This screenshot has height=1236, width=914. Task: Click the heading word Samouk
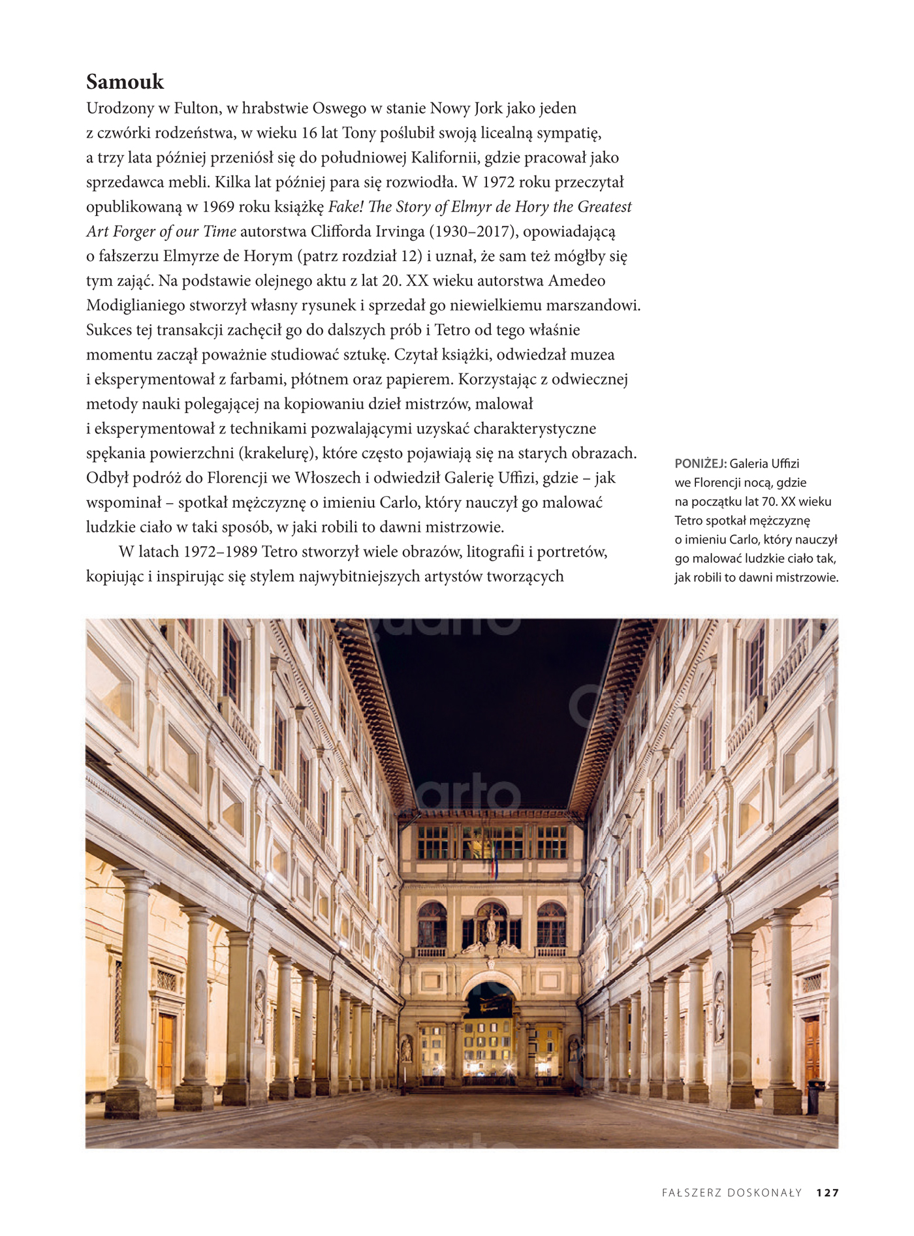(x=125, y=82)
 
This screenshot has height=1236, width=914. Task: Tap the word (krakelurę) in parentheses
(x=278, y=454)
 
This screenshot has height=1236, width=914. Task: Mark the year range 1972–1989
(x=220, y=552)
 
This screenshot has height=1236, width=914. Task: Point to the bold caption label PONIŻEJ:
(x=701, y=464)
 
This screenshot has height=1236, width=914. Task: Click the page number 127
(x=827, y=1193)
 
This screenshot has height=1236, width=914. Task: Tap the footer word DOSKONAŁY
(x=765, y=1193)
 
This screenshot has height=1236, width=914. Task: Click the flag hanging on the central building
(x=494, y=860)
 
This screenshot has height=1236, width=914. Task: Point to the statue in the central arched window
(x=491, y=927)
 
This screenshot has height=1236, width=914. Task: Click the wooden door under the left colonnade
(x=166, y=1051)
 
